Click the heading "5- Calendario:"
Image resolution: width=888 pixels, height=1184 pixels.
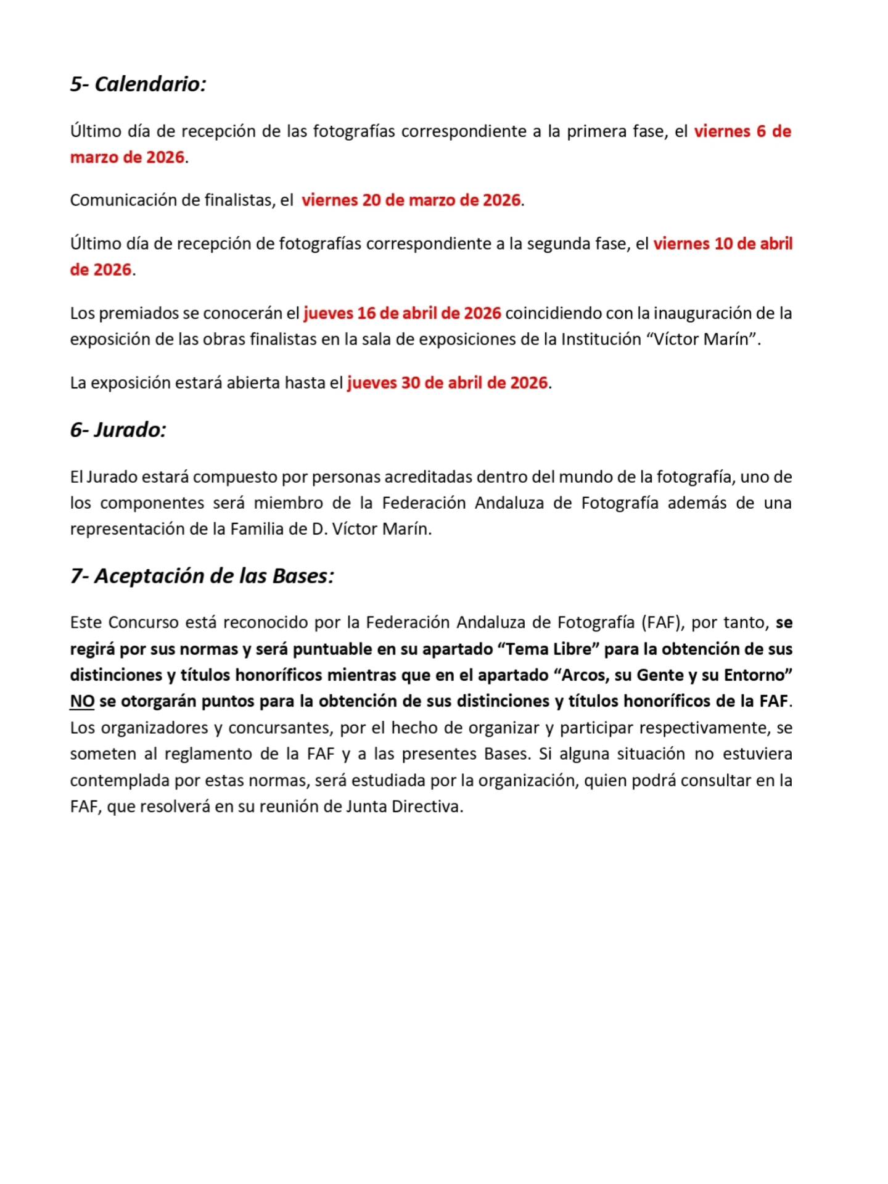[x=138, y=84]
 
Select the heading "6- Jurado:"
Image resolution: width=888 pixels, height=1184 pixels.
[x=118, y=430]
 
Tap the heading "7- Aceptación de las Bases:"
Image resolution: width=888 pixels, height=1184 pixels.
[x=202, y=576]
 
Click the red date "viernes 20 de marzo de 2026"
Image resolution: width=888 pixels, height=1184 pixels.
[x=411, y=200]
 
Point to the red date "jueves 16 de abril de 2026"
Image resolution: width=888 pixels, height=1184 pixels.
[x=402, y=313]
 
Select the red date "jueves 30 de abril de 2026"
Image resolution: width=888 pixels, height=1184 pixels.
[x=447, y=383]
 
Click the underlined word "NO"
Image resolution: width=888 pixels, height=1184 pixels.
[x=82, y=701]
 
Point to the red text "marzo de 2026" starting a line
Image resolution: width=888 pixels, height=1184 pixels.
[x=127, y=157]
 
